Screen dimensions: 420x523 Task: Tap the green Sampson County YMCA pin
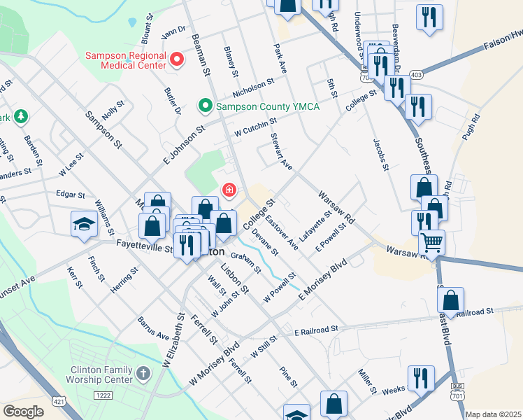click(x=205, y=106)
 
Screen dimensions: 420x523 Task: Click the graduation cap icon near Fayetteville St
click(x=84, y=223)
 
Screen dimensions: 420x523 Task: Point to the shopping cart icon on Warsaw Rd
click(x=432, y=243)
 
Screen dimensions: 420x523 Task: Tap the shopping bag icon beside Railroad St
click(x=451, y=299)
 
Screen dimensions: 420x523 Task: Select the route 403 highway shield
click(x=417, y=74)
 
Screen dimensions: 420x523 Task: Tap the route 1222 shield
click(x=104, y=395)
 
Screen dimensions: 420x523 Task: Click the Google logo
click(x=23, y=412)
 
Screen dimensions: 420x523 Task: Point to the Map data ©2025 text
click(x=492, y=414)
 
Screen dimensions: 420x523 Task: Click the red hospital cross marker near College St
click(x=229, y=190)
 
